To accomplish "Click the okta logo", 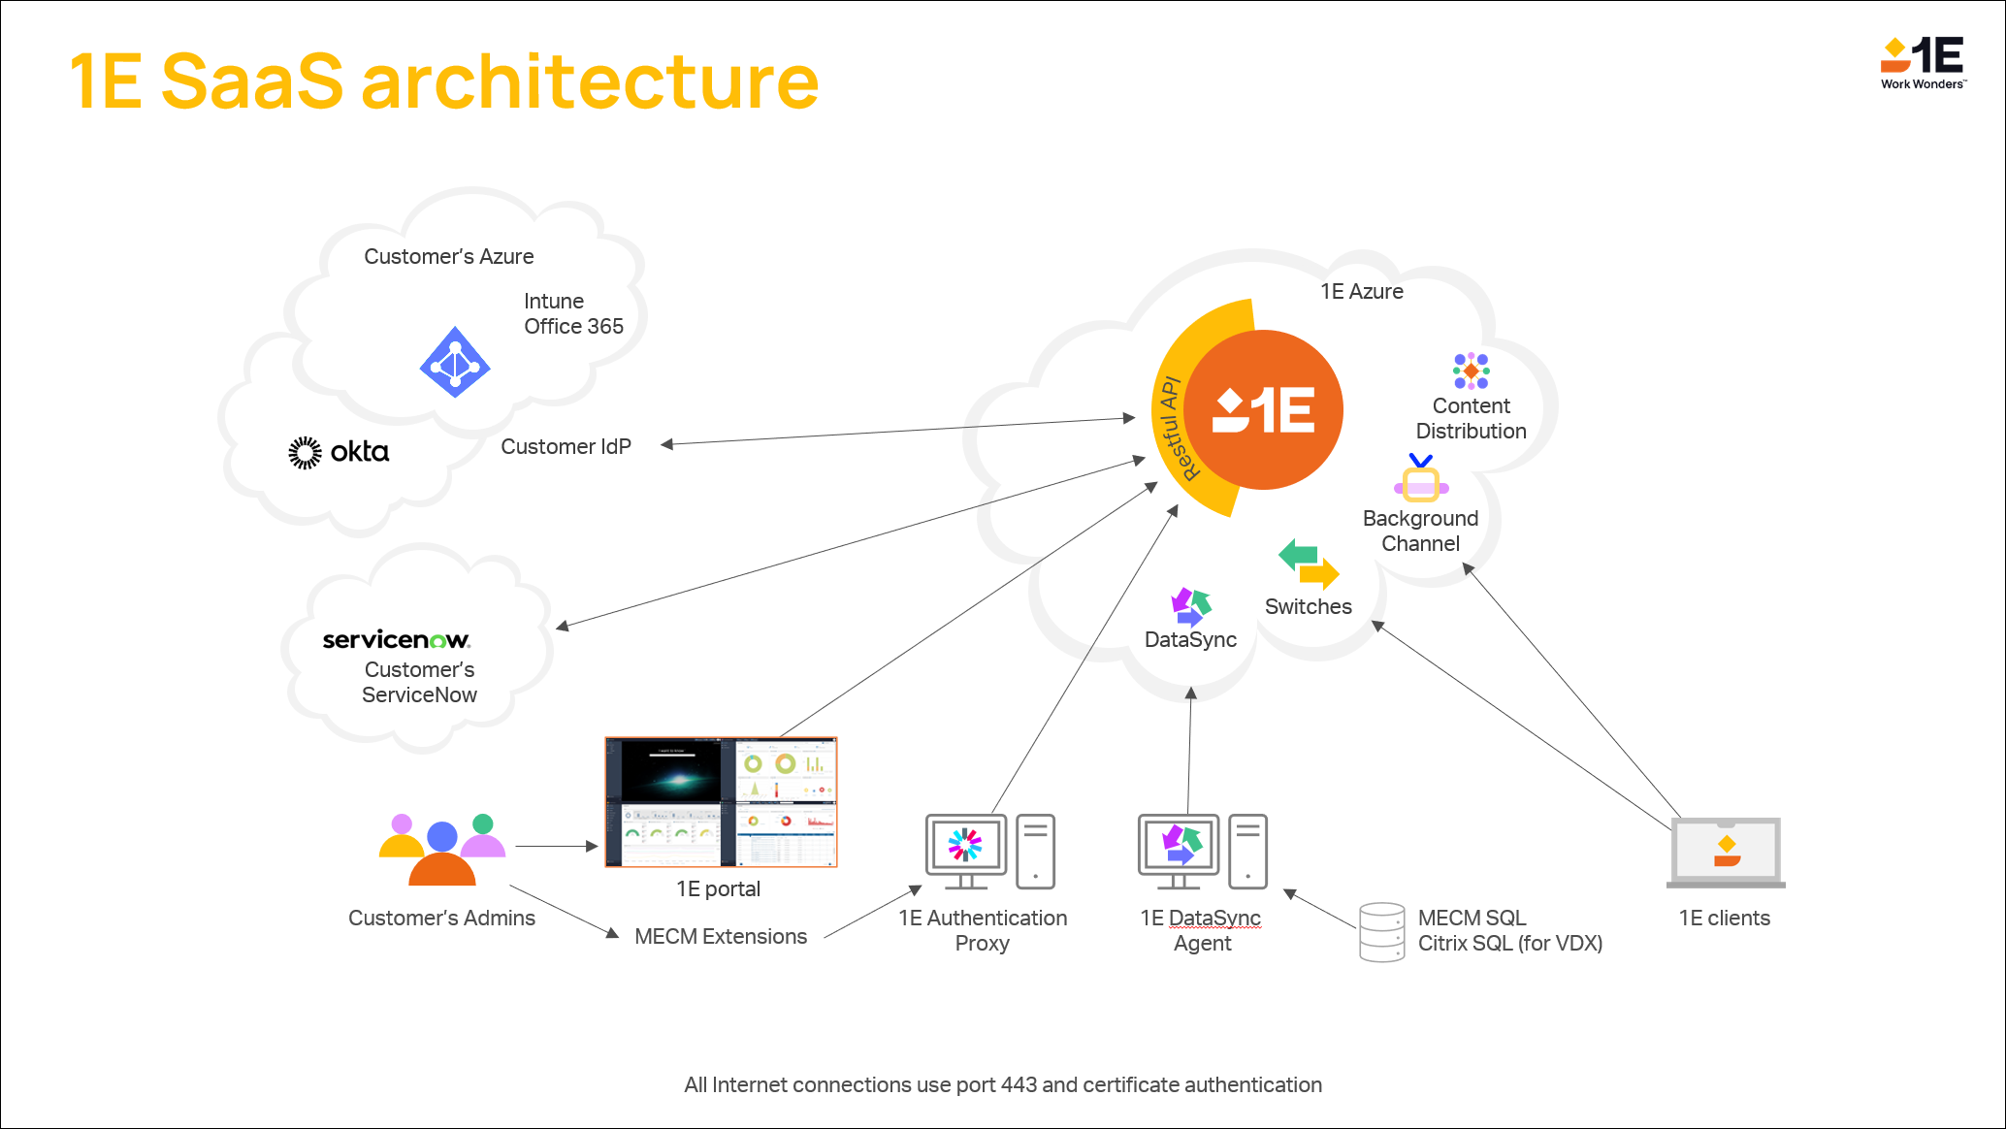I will [339, 452].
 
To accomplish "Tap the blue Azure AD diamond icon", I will [455, 363].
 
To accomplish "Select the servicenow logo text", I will [396, 639].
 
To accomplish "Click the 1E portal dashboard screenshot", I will [721, 801].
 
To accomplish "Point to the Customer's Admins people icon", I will [442, 850].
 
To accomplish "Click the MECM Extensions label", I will [721, 937].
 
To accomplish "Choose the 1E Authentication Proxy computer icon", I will [989, 852].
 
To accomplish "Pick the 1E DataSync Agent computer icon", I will [1202, 852].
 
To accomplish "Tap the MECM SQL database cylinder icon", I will [1381, 932].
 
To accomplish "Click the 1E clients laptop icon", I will [1726, 853].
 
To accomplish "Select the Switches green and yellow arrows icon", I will [1309, 564].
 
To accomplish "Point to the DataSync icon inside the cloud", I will [1190, 606].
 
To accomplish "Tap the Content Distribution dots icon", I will [1472, 371].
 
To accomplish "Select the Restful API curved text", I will [1177, 428].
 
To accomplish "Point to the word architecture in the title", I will [590, 81].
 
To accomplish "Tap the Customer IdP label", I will [566, 447].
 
